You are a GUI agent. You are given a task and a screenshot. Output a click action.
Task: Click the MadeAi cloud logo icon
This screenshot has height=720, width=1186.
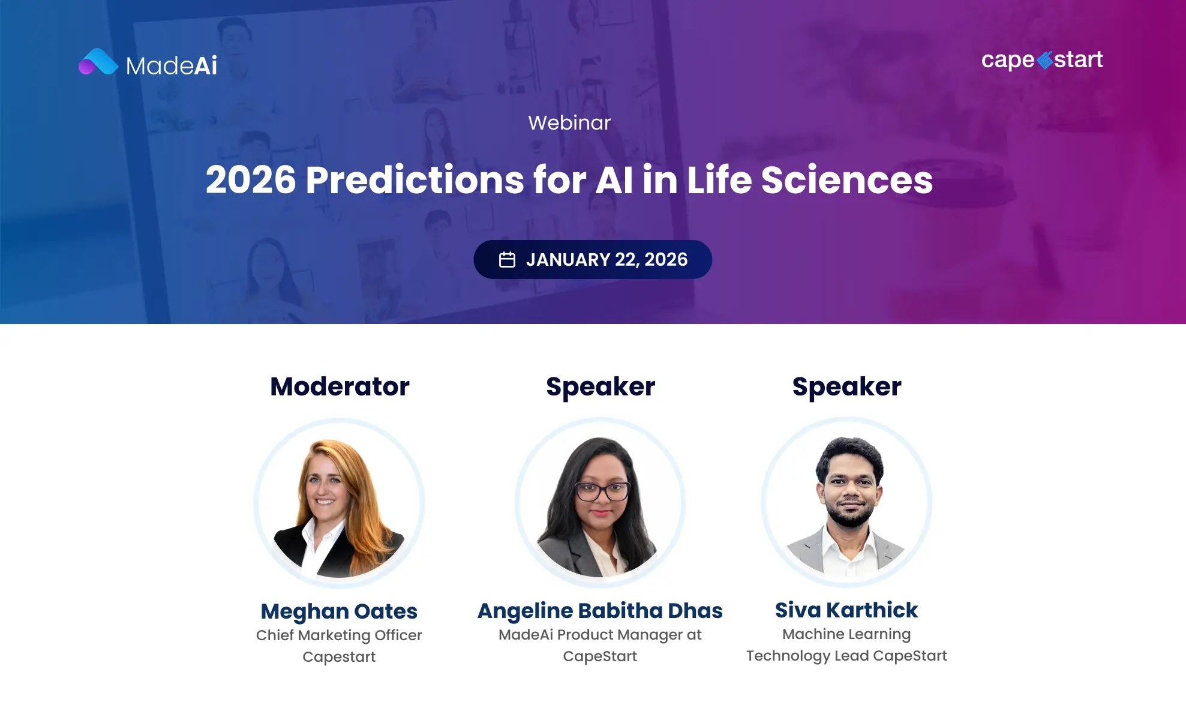coord(98,62)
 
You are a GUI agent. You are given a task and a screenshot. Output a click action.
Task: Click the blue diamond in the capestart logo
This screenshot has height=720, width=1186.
coord(1044,60)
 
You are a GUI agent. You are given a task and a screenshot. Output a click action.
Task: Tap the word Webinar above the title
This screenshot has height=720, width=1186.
coord(569,123)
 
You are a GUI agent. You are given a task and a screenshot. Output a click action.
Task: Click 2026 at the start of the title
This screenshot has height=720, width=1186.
coord(251,180)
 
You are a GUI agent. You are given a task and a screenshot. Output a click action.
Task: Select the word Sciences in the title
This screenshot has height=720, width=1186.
coord(846,180)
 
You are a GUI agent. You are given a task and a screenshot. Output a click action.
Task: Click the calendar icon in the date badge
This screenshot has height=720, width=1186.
coord(507,260)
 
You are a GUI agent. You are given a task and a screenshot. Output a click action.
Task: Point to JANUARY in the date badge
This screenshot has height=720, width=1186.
coord(568,260)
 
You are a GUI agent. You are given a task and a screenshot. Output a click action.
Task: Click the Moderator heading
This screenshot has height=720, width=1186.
coord(340,386)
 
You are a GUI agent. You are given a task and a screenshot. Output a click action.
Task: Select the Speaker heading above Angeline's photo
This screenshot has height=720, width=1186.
coord(600,386)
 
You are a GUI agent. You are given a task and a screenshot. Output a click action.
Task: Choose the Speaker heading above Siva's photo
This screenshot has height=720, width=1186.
coord(846,386)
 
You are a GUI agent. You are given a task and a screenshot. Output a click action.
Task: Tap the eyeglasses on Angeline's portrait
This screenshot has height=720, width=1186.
coord(602,491)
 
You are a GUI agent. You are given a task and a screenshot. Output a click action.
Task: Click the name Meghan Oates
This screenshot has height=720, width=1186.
coord(339,611)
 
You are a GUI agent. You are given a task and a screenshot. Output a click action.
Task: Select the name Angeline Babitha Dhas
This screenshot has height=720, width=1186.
coord(600,611)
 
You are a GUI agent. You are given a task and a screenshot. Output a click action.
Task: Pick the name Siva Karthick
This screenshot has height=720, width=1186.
coord(846,610)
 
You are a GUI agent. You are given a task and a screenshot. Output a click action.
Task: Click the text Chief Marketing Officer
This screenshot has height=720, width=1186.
coord(339,635)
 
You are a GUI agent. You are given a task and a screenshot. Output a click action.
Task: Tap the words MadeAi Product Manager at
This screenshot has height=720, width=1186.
coord(600,635)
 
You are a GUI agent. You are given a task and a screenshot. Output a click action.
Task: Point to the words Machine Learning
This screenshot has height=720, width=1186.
coord(846,634)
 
